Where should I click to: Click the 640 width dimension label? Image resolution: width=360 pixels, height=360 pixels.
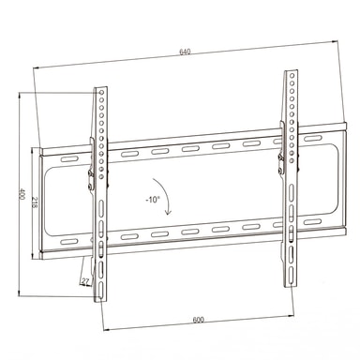(x=185, y=52)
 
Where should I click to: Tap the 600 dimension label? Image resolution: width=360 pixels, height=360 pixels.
(x=198, y=320)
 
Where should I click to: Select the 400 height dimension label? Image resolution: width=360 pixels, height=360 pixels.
(x=22, y=194)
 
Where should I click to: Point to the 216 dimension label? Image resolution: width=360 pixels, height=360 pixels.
(x=35, y=202)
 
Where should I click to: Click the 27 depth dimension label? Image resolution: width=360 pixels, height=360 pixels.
(x=85, y=281)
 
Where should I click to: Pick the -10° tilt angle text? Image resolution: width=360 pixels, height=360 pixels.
(x=153, y=200)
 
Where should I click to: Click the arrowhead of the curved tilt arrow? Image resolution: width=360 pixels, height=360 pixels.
(x=169, y=213)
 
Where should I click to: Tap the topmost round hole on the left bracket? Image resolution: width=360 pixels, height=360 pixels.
(x=101, y=93)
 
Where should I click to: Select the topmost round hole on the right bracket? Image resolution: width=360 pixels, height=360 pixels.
(x=292, y=76)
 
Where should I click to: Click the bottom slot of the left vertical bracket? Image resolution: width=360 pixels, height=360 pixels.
(x=101, y=289)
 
